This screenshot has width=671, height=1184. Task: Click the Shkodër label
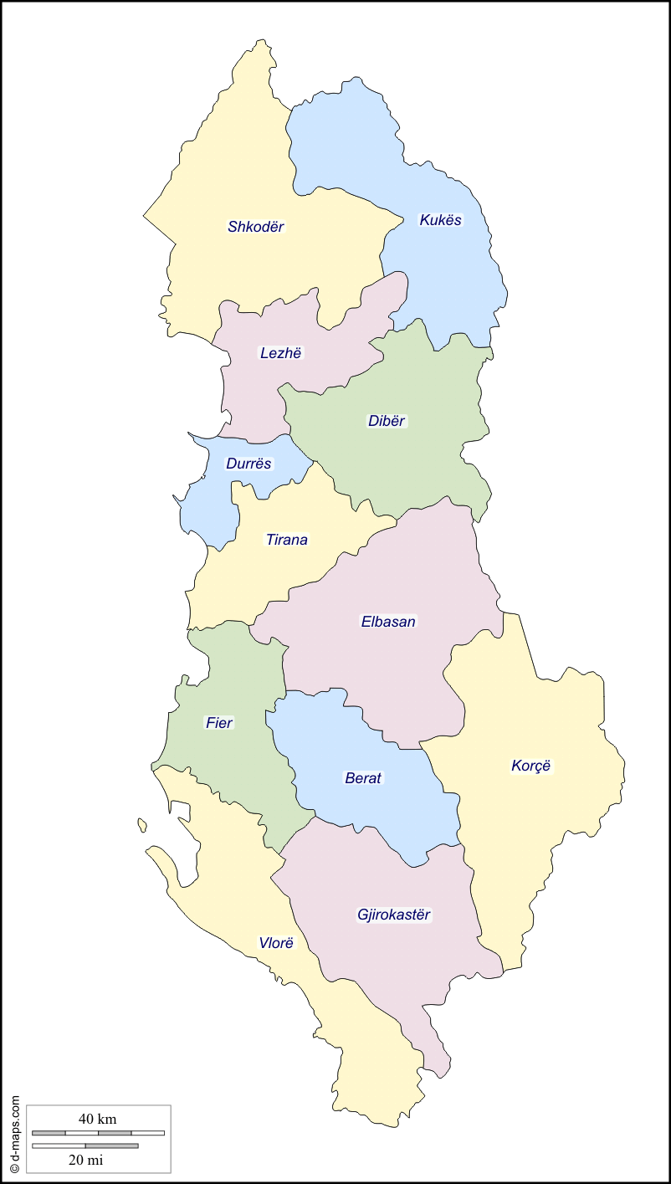[256, 227]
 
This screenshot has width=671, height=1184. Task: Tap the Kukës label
[440, 220]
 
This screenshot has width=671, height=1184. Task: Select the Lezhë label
[280, 353]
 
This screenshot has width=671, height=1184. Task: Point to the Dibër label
[387, 421]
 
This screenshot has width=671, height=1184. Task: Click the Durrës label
[248, 464]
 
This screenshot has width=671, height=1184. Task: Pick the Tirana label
[287, 540]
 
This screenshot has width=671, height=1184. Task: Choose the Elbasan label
[388, 622]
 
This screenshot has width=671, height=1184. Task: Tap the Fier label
[219, 723]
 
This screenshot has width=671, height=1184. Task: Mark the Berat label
[363, 778]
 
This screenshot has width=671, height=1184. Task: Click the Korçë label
[531, 766]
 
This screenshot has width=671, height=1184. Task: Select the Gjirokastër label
[393, 915]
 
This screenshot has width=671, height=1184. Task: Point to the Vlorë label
[276, 943]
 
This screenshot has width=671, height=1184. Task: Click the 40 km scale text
[98, 1119]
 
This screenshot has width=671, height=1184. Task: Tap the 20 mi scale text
[85, 1160]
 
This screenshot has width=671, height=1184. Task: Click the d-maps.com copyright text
[14, 1133]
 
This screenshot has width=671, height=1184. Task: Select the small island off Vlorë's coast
[142, 825]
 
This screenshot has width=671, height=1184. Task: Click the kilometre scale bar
[98, 1133]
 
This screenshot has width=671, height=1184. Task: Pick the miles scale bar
[85, 1146]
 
